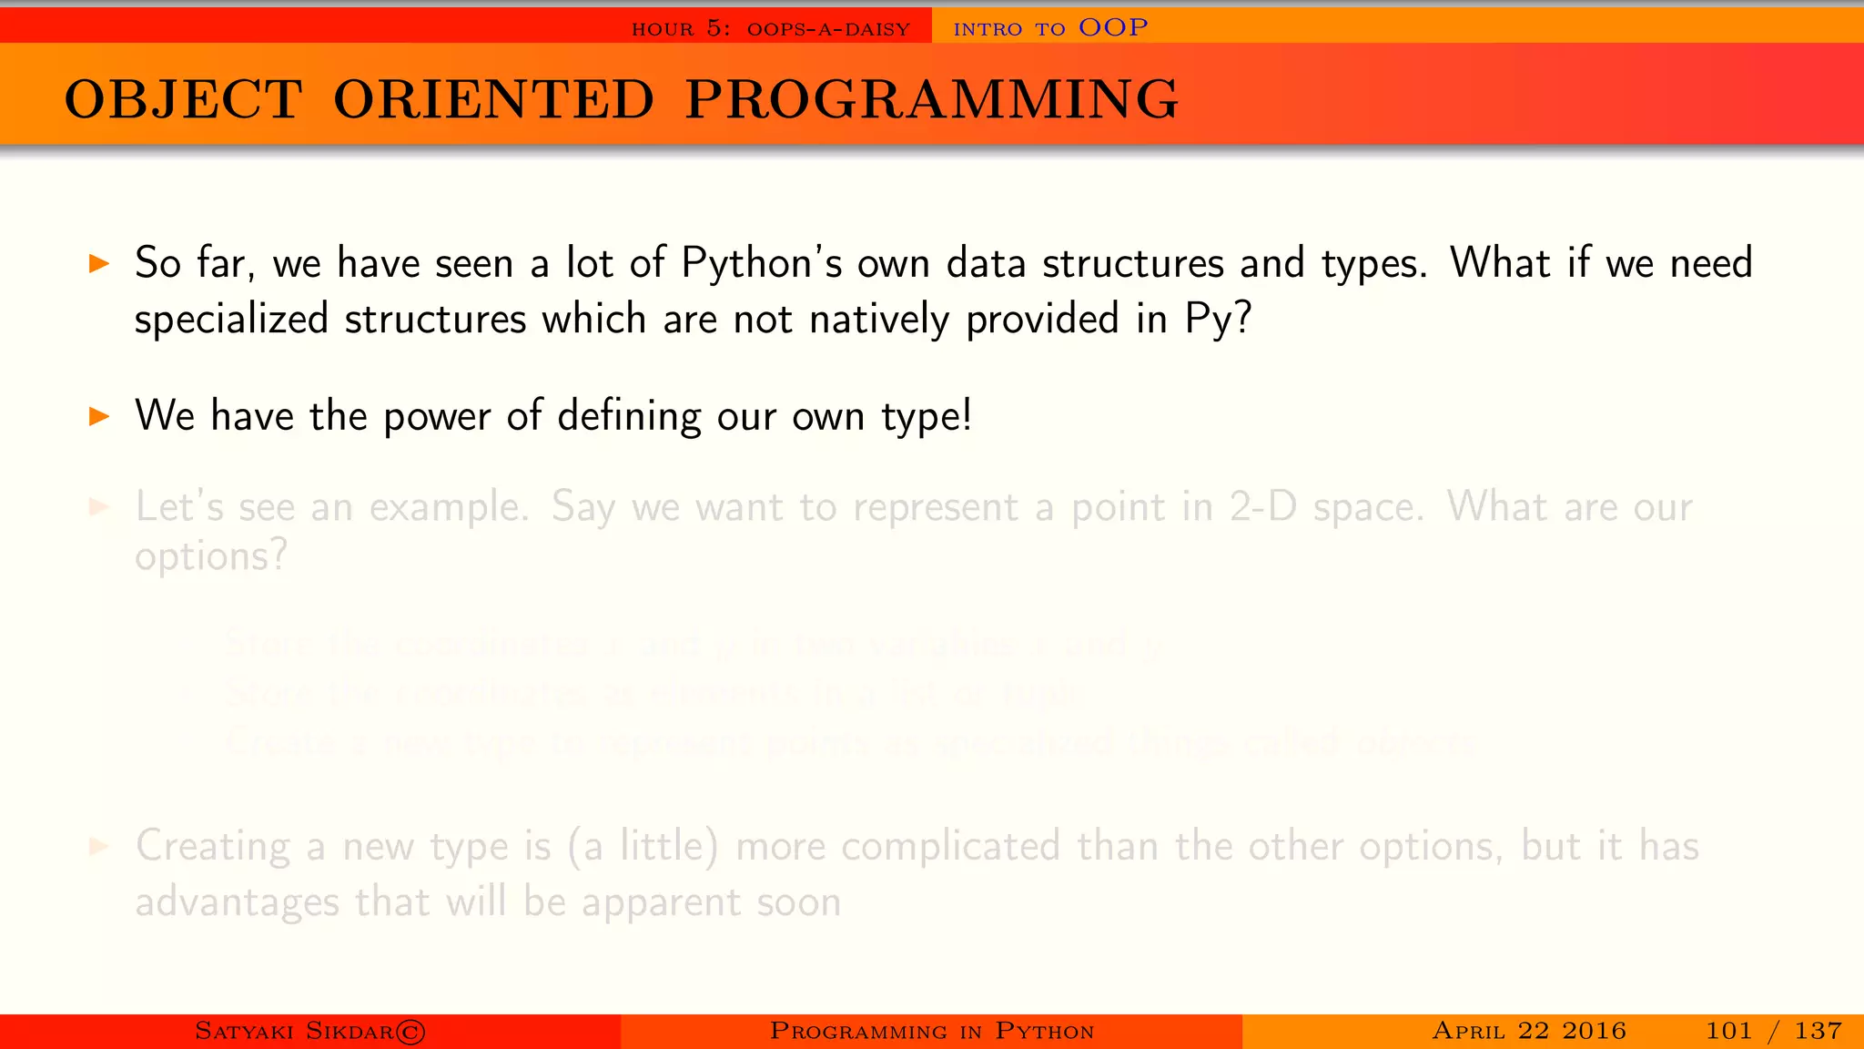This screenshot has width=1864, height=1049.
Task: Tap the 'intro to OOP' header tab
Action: click(x=1050, y=28)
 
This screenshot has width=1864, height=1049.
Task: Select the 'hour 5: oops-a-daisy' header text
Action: click(x=770, y=29)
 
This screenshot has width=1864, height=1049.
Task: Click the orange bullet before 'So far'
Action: click(x=99, y=265)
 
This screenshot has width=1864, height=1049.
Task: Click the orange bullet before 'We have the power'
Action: click(x=99, y=417)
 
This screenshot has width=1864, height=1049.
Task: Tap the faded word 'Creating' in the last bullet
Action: click(x=213, y=847)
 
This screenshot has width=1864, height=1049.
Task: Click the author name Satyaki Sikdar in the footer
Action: click(x=294, y=1031)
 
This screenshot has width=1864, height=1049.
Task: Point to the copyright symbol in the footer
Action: click(x=410, y=1032)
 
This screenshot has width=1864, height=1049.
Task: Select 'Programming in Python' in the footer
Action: click(x=931, y=1031)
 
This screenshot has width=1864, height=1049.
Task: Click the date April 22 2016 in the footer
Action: click(x=1528, y=1031)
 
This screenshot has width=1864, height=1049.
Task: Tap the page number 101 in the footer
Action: click(x=1727, y=1031)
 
